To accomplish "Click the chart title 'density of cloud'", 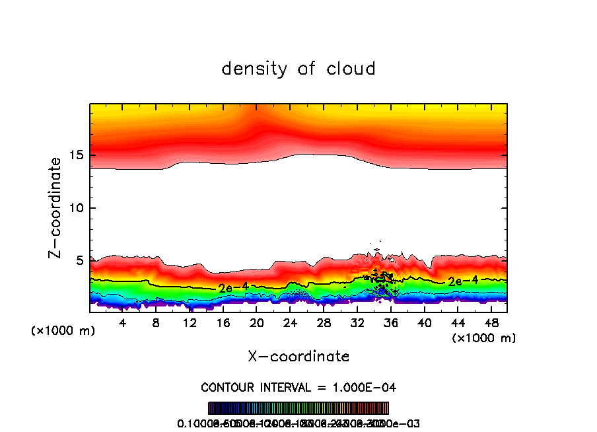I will [298, 69].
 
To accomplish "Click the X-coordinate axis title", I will [298, 356].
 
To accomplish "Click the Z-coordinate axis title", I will [57, 207].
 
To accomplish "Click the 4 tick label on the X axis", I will [123, 323].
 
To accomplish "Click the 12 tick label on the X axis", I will [190, 323].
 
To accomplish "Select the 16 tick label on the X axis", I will [223, 323].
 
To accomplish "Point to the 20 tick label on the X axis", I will [257, 323].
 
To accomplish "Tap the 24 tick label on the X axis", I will [290, 323].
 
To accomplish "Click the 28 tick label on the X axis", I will [324, 323].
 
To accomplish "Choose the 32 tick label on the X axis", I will [357, 323].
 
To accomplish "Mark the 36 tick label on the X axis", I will [390, 323].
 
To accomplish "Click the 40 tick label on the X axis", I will [424, 323].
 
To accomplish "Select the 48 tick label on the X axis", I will [491, 323].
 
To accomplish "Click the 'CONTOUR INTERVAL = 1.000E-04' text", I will [298, 386].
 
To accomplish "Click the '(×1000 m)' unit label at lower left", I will [63, 331].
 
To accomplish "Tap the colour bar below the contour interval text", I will [298, 408].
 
